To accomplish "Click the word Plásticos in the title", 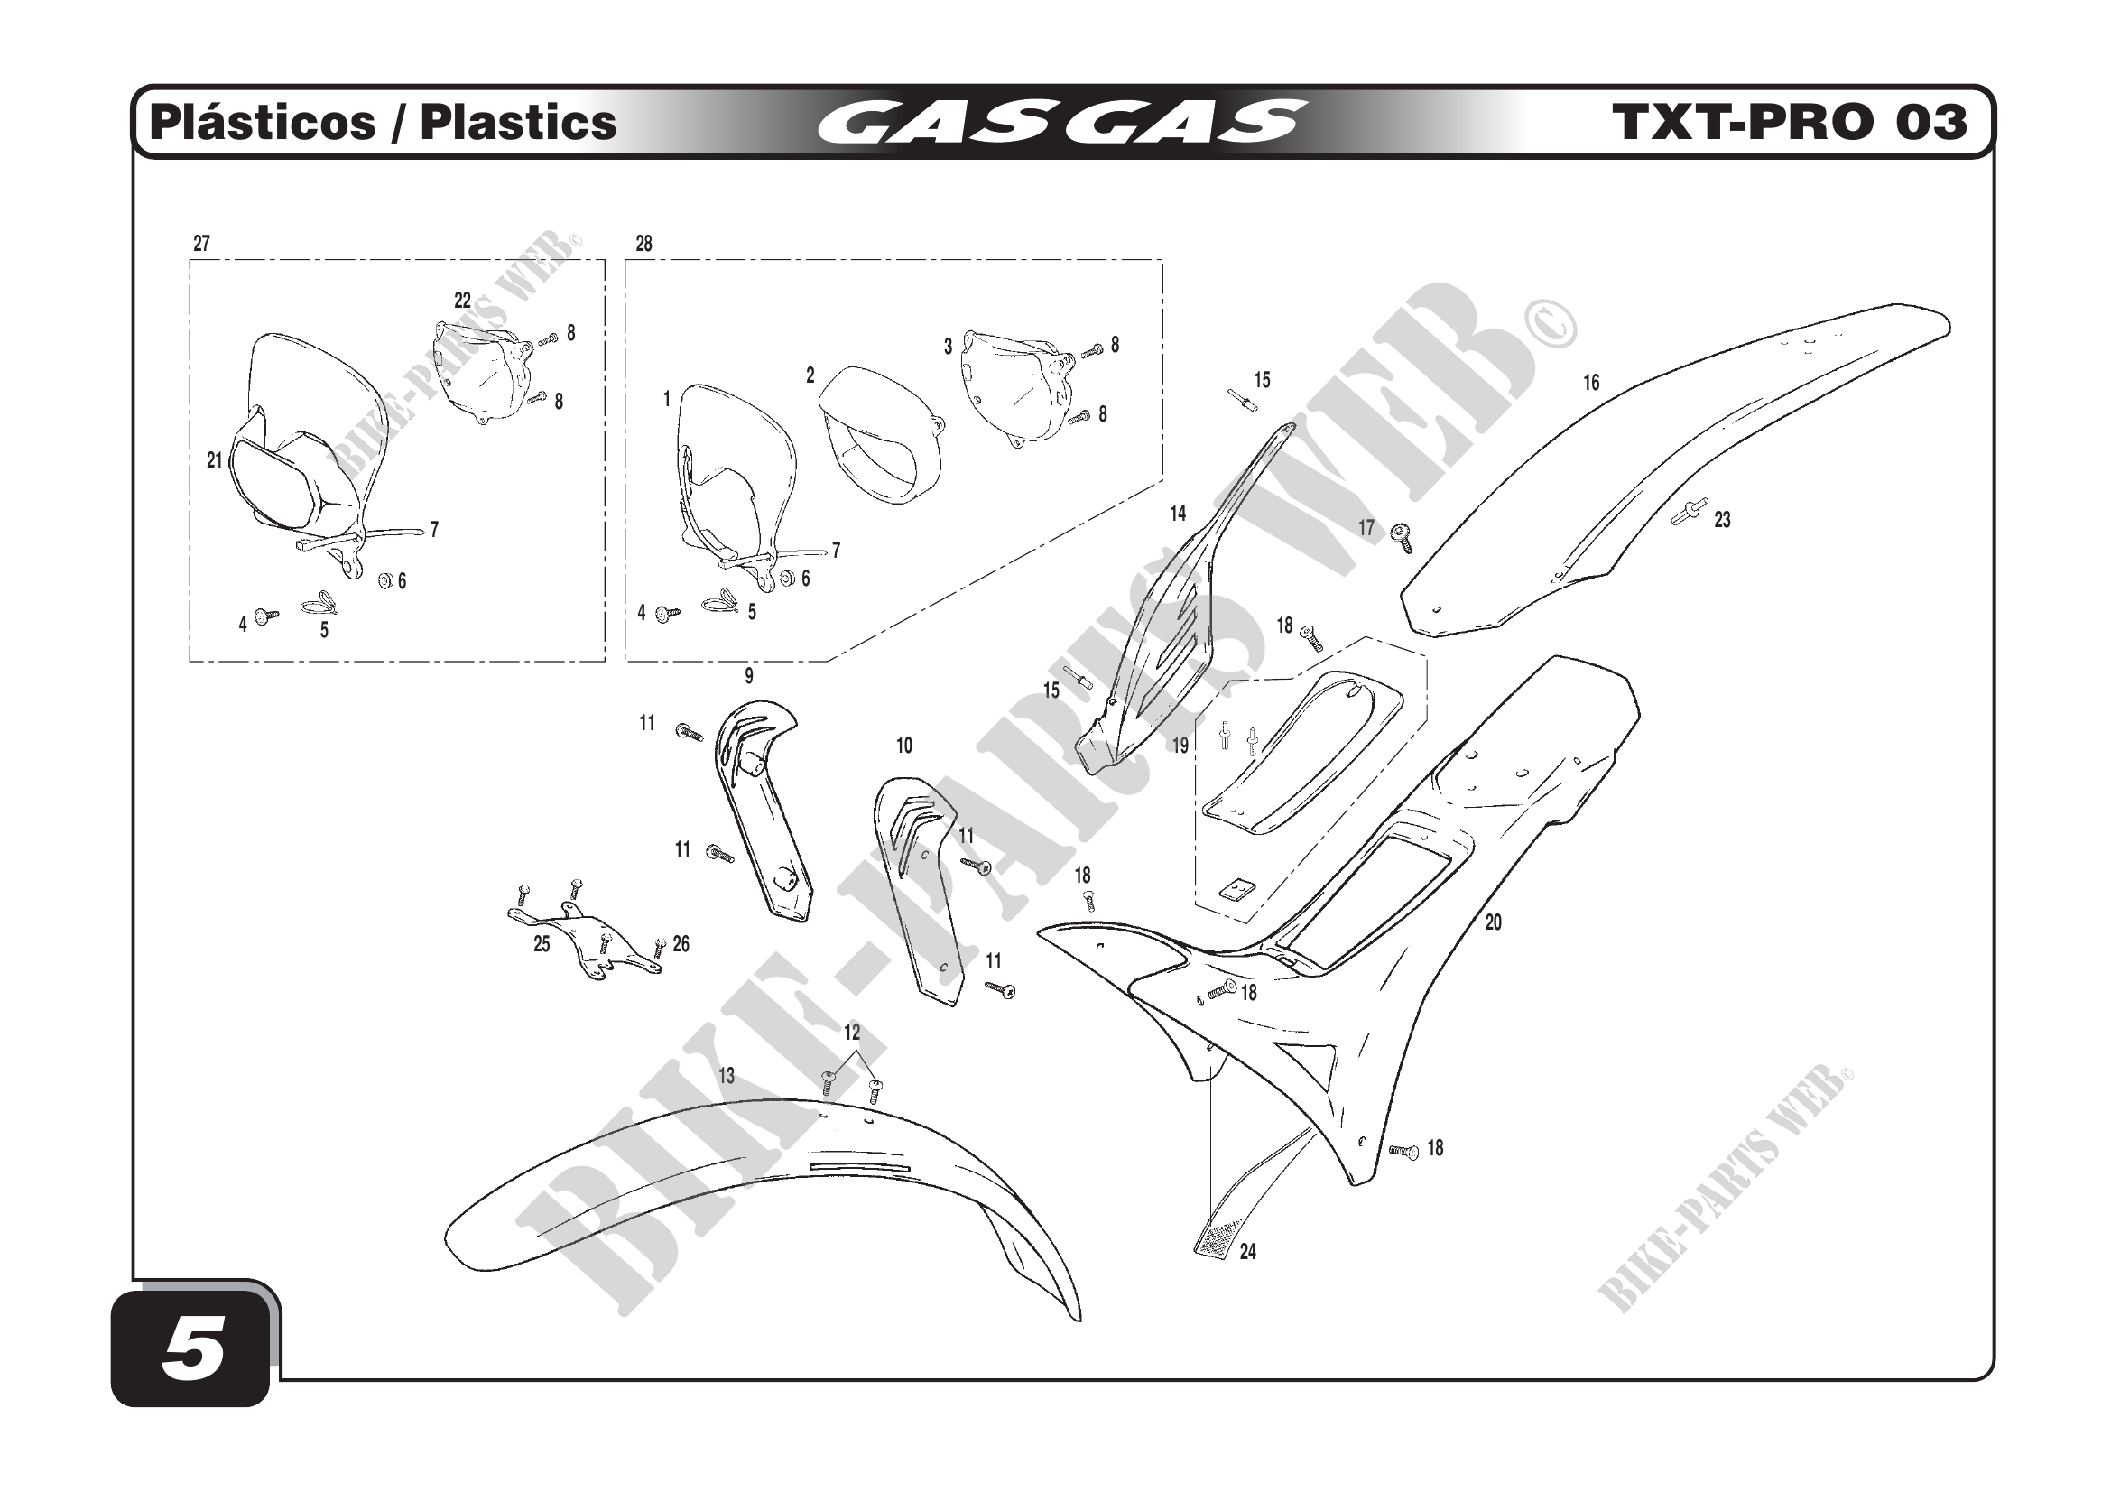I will point(262,123).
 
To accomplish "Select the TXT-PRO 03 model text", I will point(1788,123).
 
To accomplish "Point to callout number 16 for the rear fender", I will point(1590,383).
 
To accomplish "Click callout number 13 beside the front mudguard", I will point(727,1076).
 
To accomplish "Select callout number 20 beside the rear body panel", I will point(1493,922).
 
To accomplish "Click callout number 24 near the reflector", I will point(1247,1251).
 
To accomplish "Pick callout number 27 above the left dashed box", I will point(201,244).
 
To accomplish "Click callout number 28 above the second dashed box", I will point(643,244).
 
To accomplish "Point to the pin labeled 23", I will point(1689,512).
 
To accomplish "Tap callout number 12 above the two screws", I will point(851,1033).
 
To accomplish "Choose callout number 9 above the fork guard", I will point(749,677).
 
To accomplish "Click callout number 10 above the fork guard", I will point(903,746).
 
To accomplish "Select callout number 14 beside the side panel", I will point(1178,514).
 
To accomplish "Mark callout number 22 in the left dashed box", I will point(462,301).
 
